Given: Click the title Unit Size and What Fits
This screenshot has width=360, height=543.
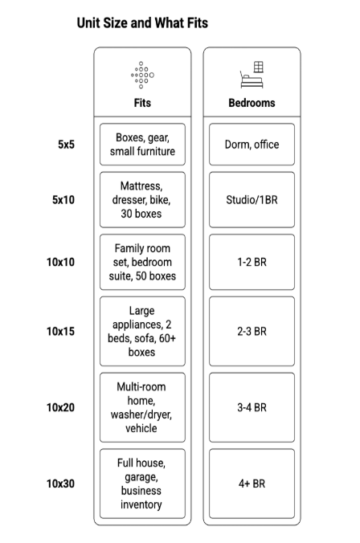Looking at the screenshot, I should pyautogui.click(x=142, y=23).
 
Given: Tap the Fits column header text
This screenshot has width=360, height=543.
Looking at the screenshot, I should pyautogui.click(x=142, y=103).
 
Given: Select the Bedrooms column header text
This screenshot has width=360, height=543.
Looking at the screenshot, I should pyautogui.click(x=252, y=103).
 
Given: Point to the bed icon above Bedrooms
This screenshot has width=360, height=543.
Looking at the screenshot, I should pyautogui.click(x=252, y=75).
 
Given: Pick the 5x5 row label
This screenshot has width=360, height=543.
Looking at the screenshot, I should pyautogui.click(x=67, y=145).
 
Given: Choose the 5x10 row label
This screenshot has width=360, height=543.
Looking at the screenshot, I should pyautogui.click(x=63, y=200).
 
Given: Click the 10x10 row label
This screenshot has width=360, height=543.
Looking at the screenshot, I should pyautogui.click(x=60, y=262).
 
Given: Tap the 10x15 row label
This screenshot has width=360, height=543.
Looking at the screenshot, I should pyautogui.click(x=60, y=331).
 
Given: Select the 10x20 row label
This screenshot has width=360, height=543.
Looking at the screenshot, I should pyautogui.click(x=60, y=407).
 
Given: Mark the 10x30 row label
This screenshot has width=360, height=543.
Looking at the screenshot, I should pyautogui.click(x=60, y=484).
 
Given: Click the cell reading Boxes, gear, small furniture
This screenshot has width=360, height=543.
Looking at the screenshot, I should pyautogui.click(x=142, y=145).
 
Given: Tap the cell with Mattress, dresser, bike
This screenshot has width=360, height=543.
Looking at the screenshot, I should pyautogui.click(x=142, y=199).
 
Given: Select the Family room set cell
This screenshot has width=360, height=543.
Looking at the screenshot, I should pyautogui.click(x=142, y=263).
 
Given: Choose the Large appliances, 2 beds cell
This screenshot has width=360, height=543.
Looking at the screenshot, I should pyautogui.click(x=142, y=331).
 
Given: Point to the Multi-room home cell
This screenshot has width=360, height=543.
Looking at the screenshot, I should pyautogui.click(x=142, y=407).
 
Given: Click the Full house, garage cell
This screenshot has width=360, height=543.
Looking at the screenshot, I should pyautogui.click(x=142, y=484).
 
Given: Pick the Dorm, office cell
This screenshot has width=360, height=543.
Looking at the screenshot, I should pyautogui.click(x=252, y=145).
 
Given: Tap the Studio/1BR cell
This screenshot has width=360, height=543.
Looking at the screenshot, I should pyautogui.click(x=252, y=199).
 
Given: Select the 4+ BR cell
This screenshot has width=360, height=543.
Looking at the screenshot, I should pyautogui.click(x=252, y=484).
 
